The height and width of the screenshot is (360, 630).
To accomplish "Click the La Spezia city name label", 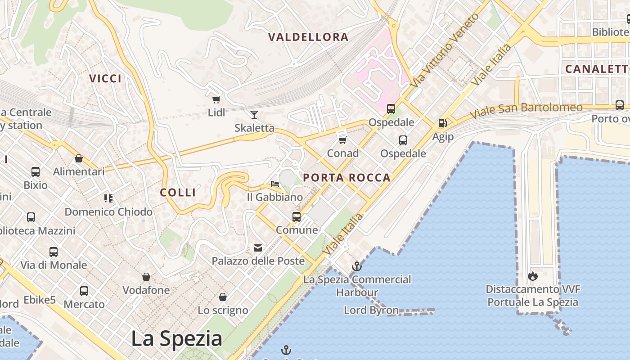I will pyautogui.click(x=176, y=338).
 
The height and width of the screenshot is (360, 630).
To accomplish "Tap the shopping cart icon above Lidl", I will pyautogui.click(x=216, y=99).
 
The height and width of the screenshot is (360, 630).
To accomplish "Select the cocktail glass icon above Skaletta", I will pyautogui.click(x=254, y=115).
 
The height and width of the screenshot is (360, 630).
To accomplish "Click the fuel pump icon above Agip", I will pyautogui.click(x=442, y=123).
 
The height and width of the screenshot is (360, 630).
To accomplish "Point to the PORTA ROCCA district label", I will pyautogui.click(x=346, y=178).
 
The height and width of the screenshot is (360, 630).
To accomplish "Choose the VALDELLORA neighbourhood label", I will pyautogui.click(x=308, y=37).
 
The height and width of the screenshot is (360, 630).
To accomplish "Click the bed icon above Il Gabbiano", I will pyautogui.click(x=274, y=184).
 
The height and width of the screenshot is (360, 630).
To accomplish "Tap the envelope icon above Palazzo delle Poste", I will pyautogui.click(x=258, y=247).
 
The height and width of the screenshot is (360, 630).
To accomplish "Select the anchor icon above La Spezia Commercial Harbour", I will pyautogui.click(x=357, y=266).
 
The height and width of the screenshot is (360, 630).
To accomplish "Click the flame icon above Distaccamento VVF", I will pyautogui.click(x=533, y=275).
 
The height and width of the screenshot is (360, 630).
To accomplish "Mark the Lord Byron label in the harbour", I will pyautogui.click(x=371, y=310).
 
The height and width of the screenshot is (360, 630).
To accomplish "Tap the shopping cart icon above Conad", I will pyautogui.click(x=343, y=140).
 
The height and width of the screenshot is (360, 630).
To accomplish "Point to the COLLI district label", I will pyautogui.click(x=178, y=193).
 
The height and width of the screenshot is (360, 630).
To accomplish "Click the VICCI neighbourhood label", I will pyautogui.click(x=105, y=79).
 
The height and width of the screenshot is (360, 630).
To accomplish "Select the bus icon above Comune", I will pyautogui.click(x=297, y=217).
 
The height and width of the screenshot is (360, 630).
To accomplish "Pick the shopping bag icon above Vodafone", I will pyautogui.click(x=146, y=277).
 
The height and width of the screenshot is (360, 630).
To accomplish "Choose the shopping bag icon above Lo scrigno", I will pyautogui.click(x=222, y=297).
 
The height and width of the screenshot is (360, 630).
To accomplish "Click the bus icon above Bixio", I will pyautogui.click(x=36, y=172).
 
